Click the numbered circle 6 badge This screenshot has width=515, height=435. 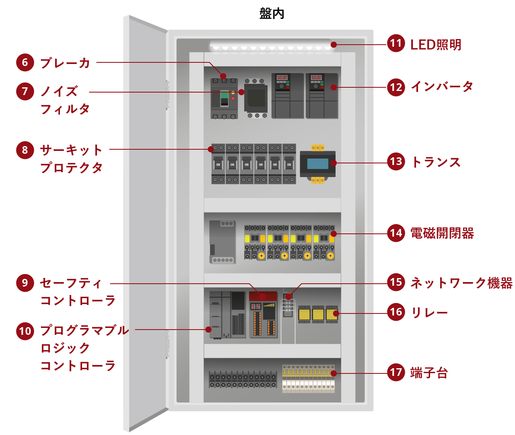[x=25, y=62]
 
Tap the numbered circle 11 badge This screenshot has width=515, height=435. [x=396, y=43]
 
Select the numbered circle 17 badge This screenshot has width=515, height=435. [x=396, y=372]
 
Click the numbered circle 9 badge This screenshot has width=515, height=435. [x=25, y=283]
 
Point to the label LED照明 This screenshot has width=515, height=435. [x=436, y=45]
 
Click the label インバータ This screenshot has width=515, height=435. [x=441, y=87]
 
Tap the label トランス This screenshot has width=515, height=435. [x=436, y=162]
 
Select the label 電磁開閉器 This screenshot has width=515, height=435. [x=442, y=233]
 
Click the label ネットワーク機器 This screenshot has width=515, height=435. [x=461, y=283]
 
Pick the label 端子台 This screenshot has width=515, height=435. [x=429, y=373]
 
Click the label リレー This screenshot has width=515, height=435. [x=429, y=312]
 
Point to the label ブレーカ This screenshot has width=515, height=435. [x=65, y=63]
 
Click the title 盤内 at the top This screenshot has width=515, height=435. [x=272, y=13]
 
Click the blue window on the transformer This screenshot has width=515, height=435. [x=317, y=163]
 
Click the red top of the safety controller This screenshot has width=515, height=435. [x=263, y=296]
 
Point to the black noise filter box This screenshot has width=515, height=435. [x=255, y=97]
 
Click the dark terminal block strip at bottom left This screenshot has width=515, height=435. [x=243, y=379]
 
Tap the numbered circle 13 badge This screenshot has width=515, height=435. [x=396, y=162]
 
